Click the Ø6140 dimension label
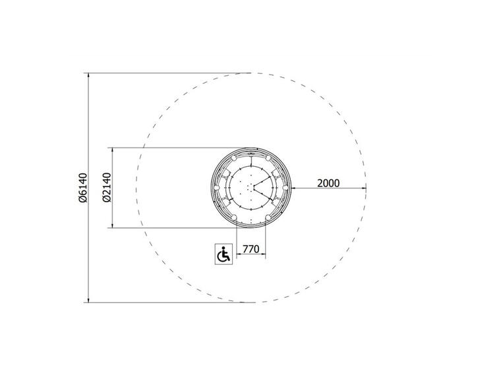point(83,188)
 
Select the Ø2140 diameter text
point(107,188)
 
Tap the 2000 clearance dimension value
point(328,183)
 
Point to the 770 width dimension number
point(250,249)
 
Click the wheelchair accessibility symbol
point(223,254)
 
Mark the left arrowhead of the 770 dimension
point(239,254)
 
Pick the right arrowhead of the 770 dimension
point(264,254)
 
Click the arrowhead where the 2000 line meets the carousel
point(293,188)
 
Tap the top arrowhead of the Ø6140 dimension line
point(88,75)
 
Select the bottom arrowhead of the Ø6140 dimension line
point(88,300)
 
